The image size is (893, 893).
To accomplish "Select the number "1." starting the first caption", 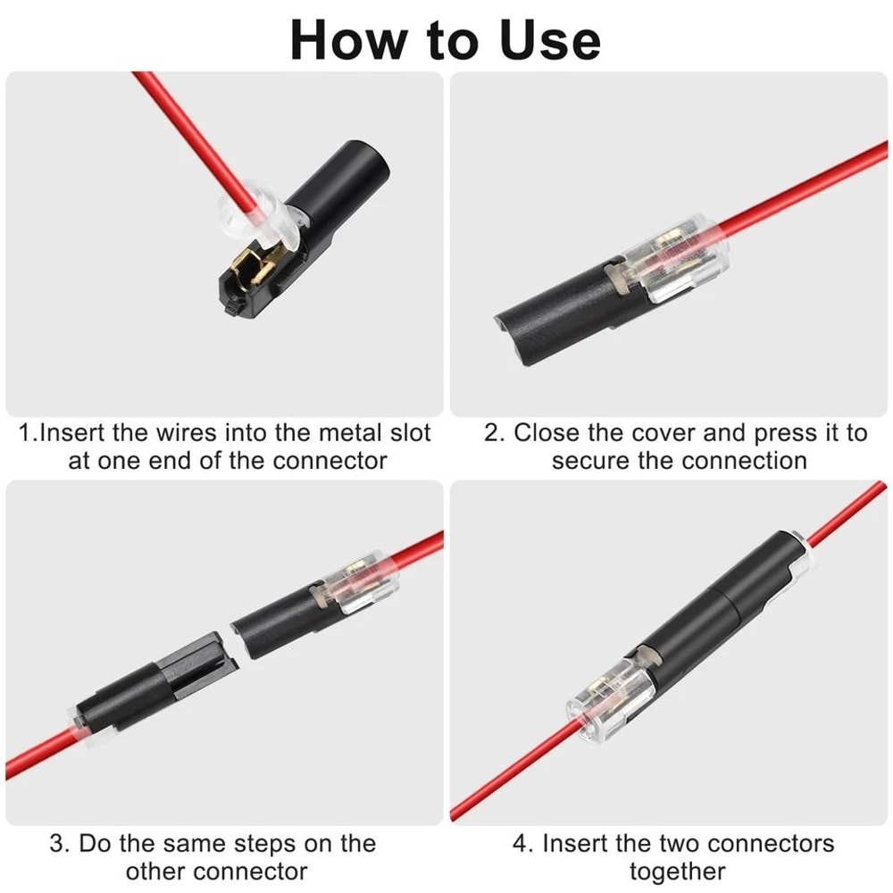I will tap(29, 434).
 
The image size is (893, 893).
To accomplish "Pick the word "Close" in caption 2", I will tap(547, 434).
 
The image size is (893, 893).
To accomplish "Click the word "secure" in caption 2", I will tap(591, 461).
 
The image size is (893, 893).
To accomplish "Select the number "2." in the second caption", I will tap(496, 434).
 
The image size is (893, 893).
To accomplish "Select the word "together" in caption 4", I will tap(677, 871).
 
